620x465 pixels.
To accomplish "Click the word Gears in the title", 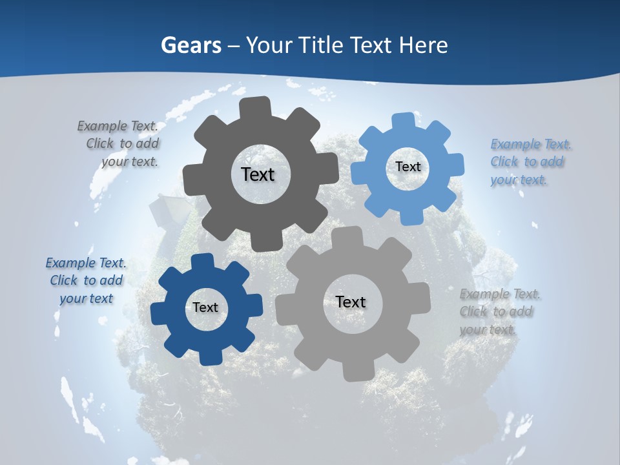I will point(191,45).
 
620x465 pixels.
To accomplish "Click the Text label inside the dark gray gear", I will point(258,174).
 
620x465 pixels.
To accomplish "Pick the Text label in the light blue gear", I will point(408,167).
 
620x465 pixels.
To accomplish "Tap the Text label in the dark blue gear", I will point(205,307).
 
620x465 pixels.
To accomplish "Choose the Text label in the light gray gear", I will point(351,302).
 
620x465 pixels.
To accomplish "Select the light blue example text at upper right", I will point(529,161).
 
